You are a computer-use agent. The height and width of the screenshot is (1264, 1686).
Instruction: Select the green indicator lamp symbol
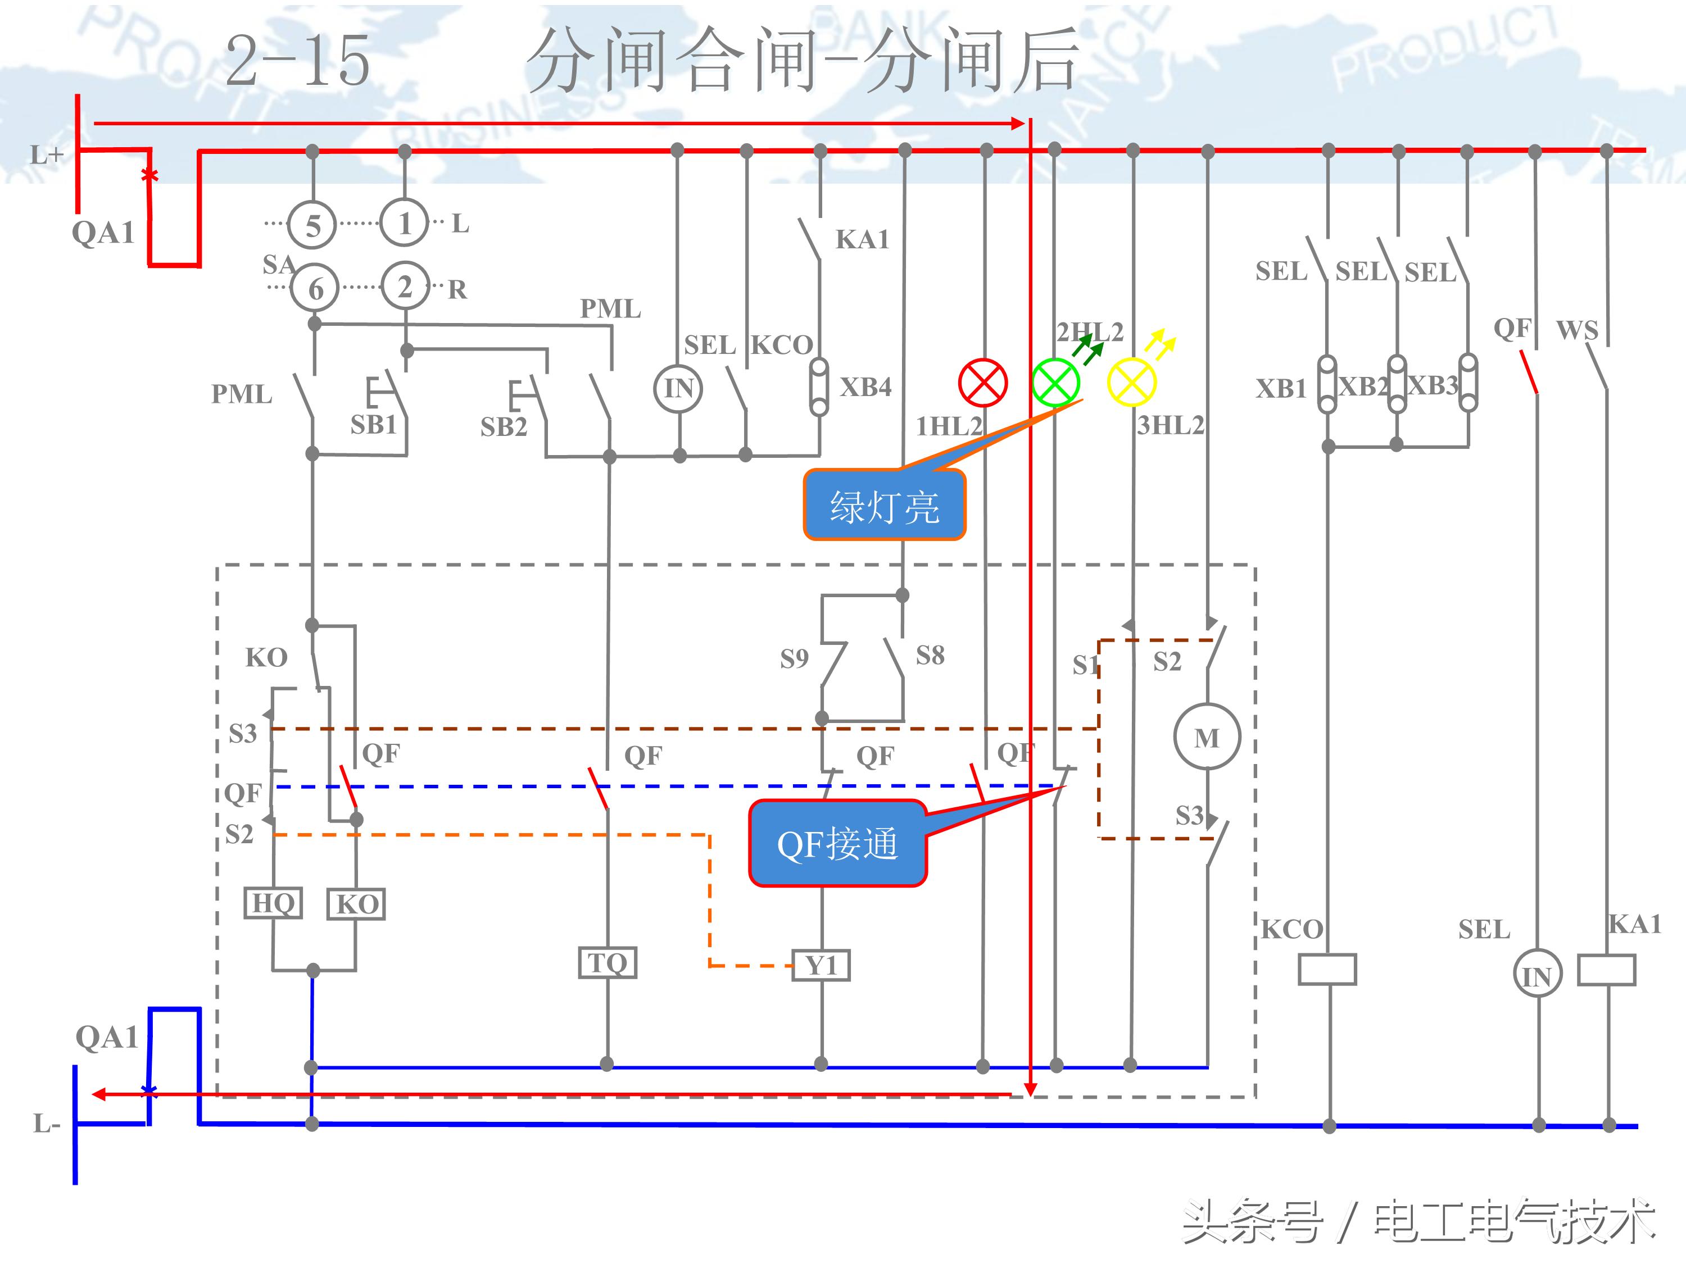click(1055, 383)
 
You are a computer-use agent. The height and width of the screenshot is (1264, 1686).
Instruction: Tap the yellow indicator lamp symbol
click(1131, 383)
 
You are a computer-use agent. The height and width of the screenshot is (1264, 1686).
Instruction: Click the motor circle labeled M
click(1207, 738)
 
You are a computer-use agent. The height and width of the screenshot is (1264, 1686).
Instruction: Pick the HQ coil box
click(273, 903)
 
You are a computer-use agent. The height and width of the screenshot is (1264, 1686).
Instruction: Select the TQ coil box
click(607, 962)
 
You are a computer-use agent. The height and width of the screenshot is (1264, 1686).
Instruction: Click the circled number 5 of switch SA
click(312, 225)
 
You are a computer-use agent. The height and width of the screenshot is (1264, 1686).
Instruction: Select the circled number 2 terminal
click(405, 287)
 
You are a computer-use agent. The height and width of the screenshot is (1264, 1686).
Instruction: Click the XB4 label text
click(865, 387)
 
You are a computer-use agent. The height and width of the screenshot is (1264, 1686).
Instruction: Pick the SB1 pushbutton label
click(374, 424)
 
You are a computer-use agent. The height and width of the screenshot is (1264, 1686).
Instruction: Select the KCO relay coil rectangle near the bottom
click(1327, 969)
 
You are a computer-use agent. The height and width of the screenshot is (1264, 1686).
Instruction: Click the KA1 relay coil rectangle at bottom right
click(1606, 970)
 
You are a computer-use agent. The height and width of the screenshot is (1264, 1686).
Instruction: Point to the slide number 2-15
click(298, 61)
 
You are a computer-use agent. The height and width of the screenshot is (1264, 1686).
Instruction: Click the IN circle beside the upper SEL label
click(678, 389)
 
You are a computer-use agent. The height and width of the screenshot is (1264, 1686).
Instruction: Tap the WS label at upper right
click(1577, 330)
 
